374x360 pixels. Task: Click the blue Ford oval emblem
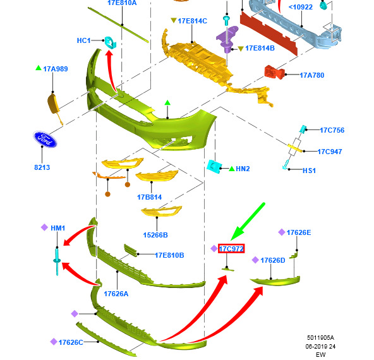tap(45, 139)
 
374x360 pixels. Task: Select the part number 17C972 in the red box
tap(231, 249)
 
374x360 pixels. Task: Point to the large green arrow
tap(248, 222)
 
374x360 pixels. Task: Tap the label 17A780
tap(311, 75)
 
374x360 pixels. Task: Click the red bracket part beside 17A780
tap(275, 72)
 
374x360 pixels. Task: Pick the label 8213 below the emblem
tap(42, 167)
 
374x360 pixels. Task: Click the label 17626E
tap(299, 232)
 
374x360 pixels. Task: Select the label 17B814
tap(149, 197)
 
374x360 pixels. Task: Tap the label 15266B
tap(155, 235)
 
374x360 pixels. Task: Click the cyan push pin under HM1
tap(57, 261)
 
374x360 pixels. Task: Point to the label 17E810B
tap(169, 255)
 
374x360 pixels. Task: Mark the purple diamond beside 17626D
tap(255, 260)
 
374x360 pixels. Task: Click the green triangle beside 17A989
tap(39, 68)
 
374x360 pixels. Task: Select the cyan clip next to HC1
tap(110, 42)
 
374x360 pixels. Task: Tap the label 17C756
tap(332, 130)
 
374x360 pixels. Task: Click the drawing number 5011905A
tap(320, 338)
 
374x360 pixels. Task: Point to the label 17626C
tap(71, 342)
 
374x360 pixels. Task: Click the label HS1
tap(309, 171)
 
